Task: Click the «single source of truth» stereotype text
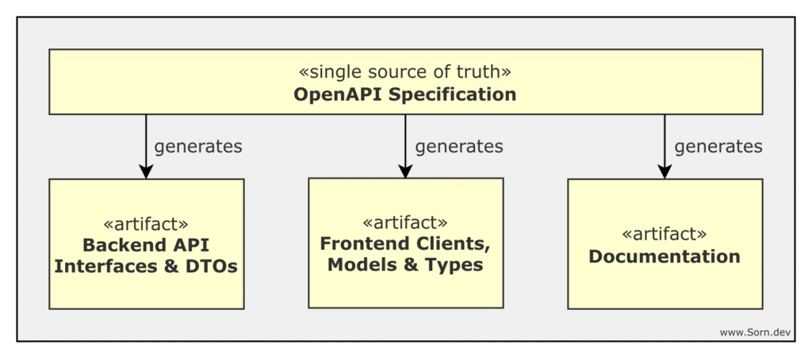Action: tap(405, 71)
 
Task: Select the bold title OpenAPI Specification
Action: tap(405, 94)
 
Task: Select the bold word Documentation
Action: tap(665, 256)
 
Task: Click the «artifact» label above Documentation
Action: tap(665, 234)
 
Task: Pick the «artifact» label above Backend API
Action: tap(146, 223)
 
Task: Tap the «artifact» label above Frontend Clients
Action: tap(405, 221)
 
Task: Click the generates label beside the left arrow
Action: tap(198, 147)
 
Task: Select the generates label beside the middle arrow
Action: tap(458, 147)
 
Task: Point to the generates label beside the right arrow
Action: tap(718, 147)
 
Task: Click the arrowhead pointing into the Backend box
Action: tap(146, 170)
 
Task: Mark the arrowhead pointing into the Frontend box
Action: tap(405, 170)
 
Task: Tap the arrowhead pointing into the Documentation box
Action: tap(665, 170)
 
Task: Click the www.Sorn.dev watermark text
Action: tap(755, 332)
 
